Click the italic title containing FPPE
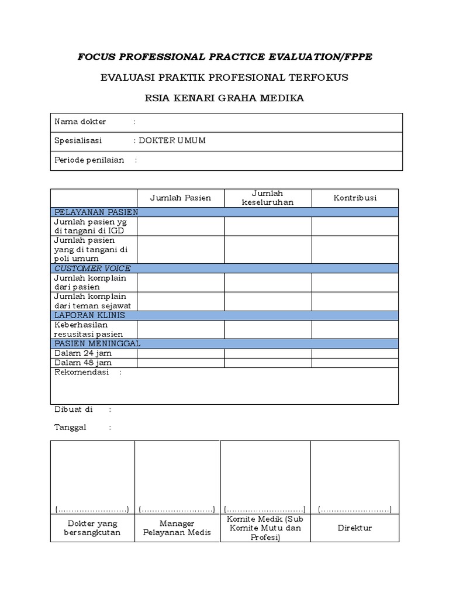coord(224,57)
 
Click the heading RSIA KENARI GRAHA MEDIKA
coord(224,98)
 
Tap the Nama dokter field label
coord(80,122)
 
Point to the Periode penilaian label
coord(89,160)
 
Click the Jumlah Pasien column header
coord(181,198)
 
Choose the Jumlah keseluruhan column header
coord(268,198)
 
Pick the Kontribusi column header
coord(355,198)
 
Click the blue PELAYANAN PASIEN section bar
coord(224,212)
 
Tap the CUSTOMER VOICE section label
coord(92,268)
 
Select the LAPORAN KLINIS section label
coord(89,315)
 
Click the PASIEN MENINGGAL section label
coord(97,343)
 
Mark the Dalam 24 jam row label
coord(82,353)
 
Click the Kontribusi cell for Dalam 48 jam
coord(355,363)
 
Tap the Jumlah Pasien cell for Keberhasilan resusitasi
coord(181,329)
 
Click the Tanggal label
coord(70,427)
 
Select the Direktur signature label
coord(355,528)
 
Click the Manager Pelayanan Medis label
coord(177,528)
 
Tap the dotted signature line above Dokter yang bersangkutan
coord(92,509)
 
